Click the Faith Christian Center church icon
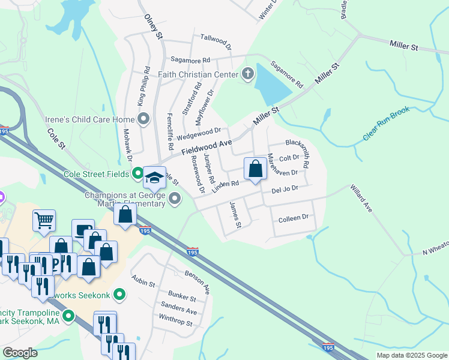pyautogui.click(x=247, y=75)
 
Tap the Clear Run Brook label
pyautogui.click(x=386, y=124)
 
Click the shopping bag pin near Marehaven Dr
pyautogui.click(x=255, y=169)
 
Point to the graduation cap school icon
pyautogui.click(x=155, y=177)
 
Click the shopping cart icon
pyautogui.click(x=44, y=221)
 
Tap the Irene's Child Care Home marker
pyautogui.click(x=143, y=119)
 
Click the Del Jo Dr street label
pyautogui.click(x=285, y=188)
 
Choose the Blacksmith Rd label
pyautogui.click(x=298, y=153)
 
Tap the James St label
pyautogui.click(x=234, y=214)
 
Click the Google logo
pyautogui.click(x=20, y=353)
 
